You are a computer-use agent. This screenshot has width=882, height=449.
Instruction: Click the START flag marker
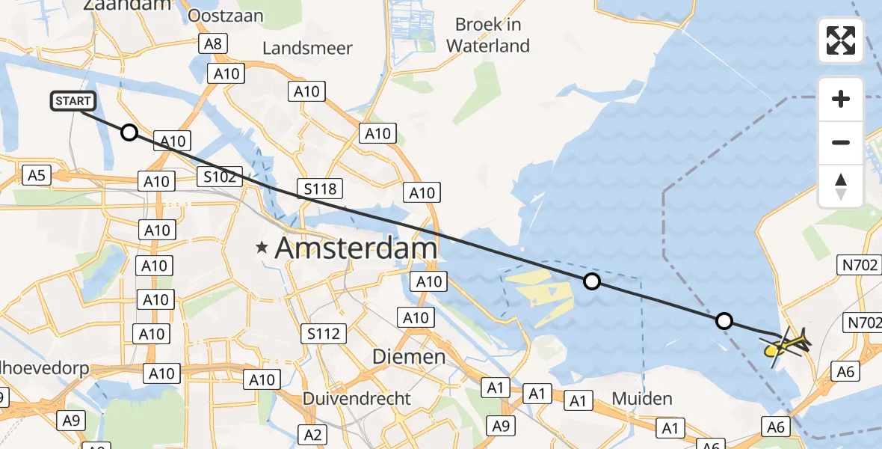[x=73, y=101]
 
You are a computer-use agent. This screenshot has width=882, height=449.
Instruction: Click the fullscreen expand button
[x=841, y=40]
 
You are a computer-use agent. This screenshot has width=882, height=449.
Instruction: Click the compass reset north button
[x=841, y=186]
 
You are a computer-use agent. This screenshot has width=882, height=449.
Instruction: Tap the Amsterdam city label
[x=357, y=248]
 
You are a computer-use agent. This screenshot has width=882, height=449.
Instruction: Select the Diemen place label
[x=409, y=357]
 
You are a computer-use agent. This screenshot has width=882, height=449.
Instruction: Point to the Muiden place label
[x=642, y=398]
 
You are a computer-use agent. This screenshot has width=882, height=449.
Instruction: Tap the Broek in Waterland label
[x=488, y=35]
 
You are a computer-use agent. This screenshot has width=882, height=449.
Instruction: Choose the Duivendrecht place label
[x=357, y=398]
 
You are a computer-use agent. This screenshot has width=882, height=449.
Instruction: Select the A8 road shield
[x=213, y=43]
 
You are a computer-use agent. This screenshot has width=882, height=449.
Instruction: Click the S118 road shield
[x=321, y=189]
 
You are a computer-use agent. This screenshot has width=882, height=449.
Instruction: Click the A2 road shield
[x=312, y=433]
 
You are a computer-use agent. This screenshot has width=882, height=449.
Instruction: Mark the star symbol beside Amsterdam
[x=262, y=248]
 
